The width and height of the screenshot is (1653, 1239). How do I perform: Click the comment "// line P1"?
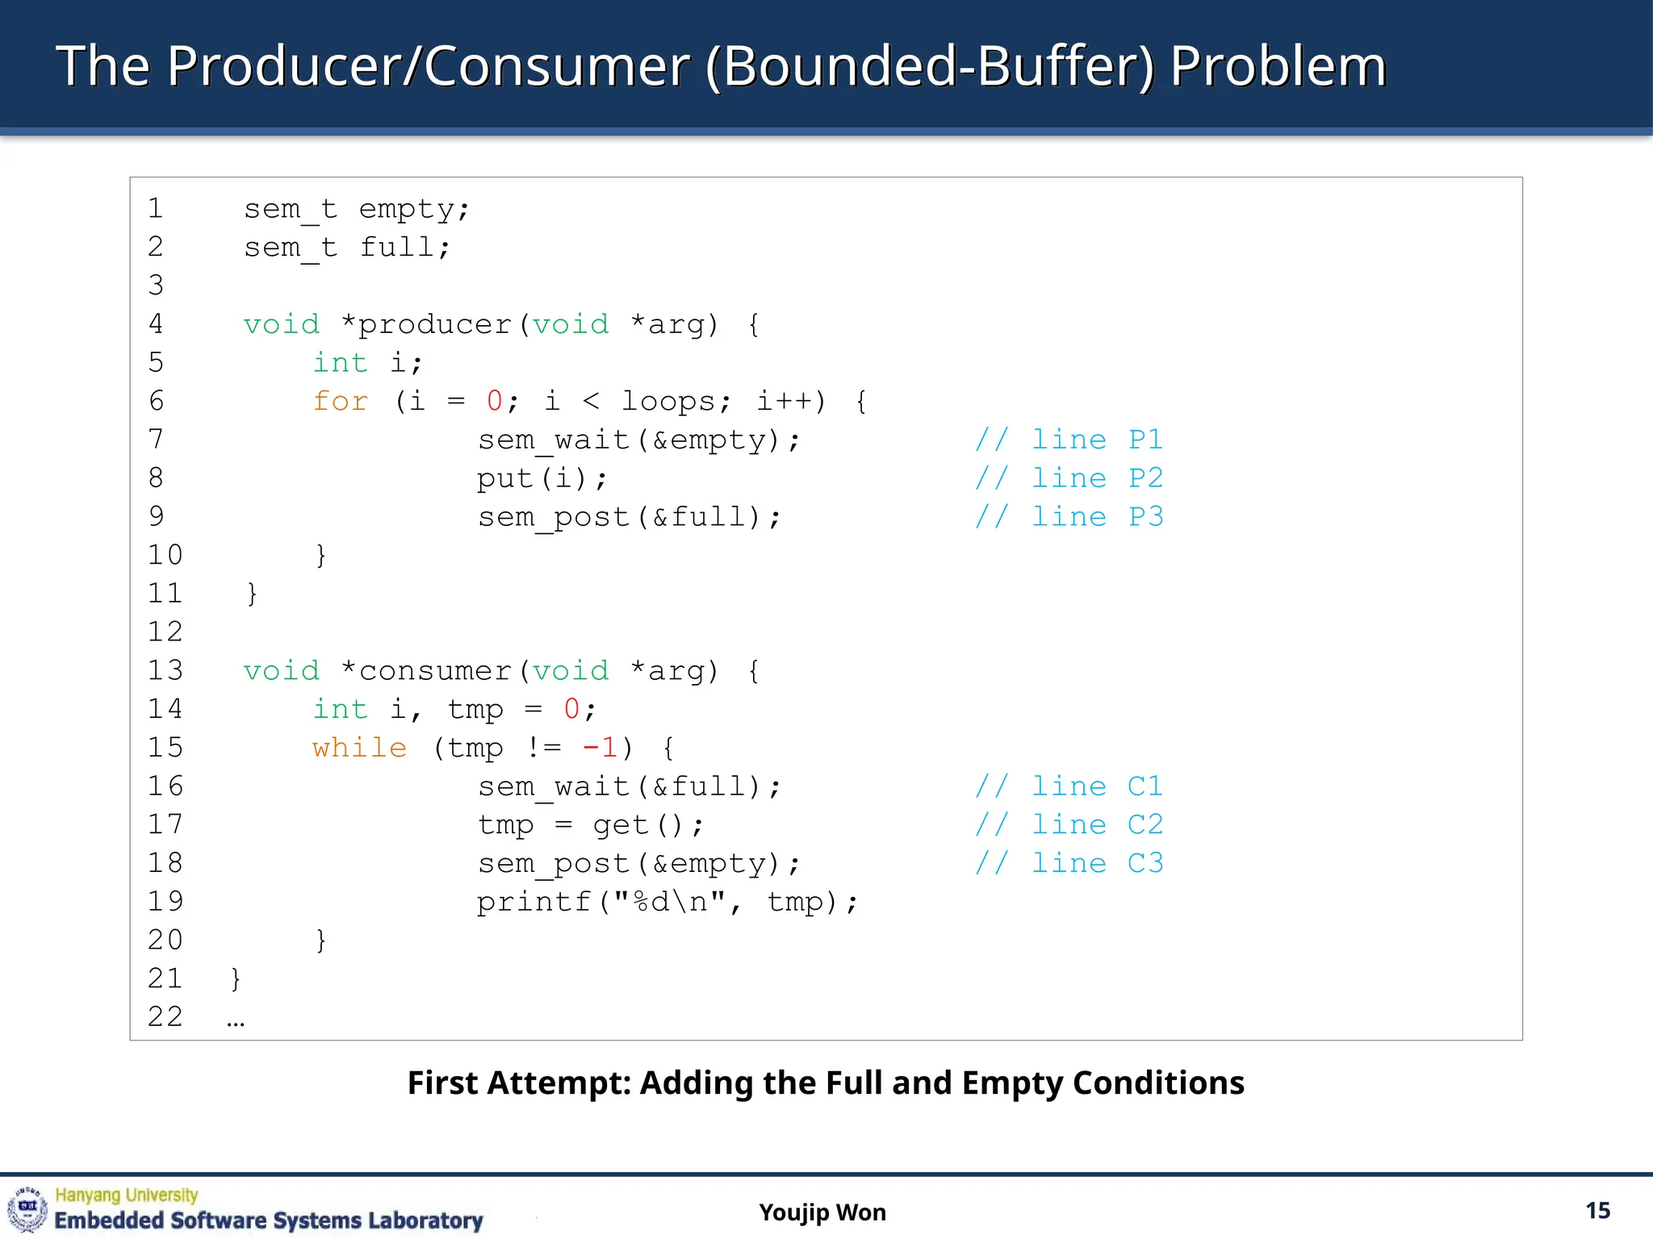[1069, 440]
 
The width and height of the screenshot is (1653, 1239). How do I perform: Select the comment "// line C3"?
[1069, 863]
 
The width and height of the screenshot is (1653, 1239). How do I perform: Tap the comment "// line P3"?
[1069, 516]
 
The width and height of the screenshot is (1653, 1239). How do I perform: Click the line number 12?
[165, 632]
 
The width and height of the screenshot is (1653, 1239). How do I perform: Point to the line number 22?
[165, 1016]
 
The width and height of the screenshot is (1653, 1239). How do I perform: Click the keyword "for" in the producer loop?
[341, 401]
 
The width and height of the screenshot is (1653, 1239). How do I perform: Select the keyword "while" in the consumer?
[359, 748]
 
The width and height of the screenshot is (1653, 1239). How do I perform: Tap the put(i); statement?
[542, 478]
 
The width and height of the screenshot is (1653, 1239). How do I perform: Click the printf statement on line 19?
[667, 902]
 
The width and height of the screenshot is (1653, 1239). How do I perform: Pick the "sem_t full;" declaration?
[347, 247]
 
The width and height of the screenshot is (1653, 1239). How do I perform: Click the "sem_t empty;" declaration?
[356, 209]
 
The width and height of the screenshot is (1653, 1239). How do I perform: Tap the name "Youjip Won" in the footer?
[822, 1212]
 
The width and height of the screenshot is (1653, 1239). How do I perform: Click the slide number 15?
[1597, 1211]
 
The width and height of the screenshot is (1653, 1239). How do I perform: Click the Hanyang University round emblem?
[27, 1208]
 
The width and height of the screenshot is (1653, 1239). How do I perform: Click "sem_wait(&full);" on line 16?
[630, 786]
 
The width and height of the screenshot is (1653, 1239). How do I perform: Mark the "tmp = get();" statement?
[591, 824]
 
